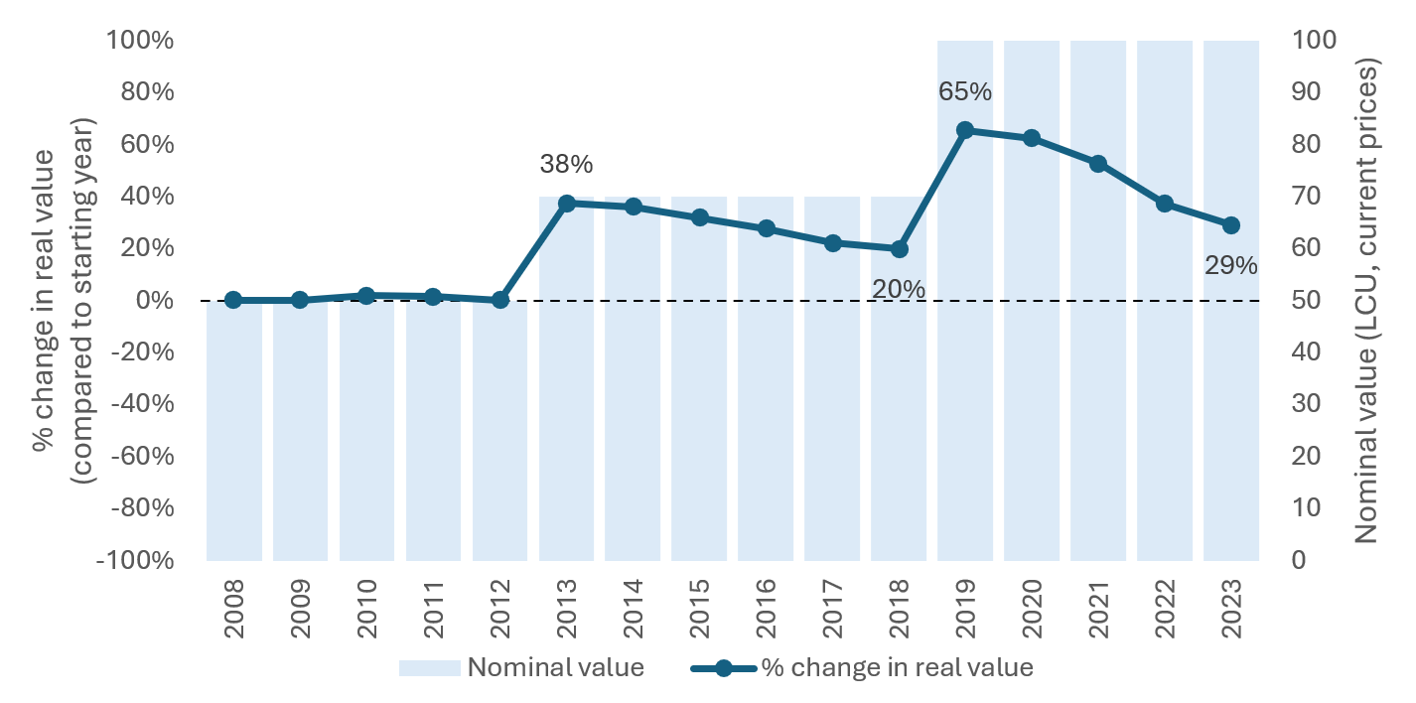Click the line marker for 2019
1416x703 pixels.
965,130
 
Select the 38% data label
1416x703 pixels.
566,163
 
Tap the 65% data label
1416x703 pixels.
965,92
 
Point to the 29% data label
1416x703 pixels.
1231,266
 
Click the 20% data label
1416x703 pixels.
899,290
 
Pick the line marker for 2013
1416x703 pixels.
566,204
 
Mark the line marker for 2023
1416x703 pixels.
1231,225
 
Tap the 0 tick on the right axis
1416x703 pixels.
1300,560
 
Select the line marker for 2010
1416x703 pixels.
366,296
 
